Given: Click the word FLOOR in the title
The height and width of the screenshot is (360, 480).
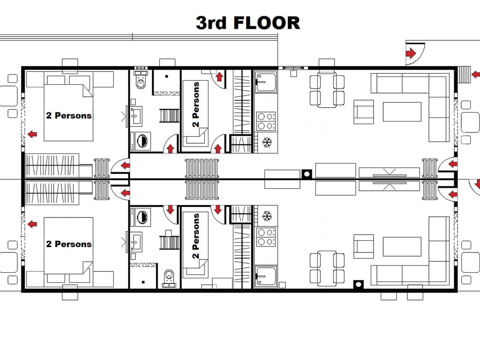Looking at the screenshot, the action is point(267,23).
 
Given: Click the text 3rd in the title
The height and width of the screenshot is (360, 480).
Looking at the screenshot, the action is point(211,23).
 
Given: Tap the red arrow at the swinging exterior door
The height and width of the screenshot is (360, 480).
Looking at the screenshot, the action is point(411,53).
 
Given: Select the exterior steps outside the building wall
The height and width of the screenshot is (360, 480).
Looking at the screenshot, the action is point(464,75).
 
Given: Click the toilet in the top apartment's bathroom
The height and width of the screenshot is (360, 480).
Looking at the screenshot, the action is point(141,79).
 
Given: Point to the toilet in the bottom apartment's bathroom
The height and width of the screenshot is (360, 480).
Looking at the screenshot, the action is point(169,279).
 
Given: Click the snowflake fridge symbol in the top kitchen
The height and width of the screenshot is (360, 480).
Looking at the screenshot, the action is point(267,142).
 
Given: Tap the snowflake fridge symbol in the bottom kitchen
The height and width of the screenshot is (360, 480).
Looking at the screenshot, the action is point(267,216).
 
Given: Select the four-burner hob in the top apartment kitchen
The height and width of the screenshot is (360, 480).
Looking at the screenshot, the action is point(266,121).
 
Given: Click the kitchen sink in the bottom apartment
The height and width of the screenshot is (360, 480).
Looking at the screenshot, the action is point(266,276).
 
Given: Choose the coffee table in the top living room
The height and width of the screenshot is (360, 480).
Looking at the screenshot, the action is point(402,112).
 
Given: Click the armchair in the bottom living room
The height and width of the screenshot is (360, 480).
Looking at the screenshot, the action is point(364,246).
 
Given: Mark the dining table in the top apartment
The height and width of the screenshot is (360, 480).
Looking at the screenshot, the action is point(327,90).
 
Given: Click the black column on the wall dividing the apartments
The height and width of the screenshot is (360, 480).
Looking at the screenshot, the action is point(307,174).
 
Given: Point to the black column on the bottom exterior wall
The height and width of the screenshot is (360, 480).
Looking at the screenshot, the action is point(358,285).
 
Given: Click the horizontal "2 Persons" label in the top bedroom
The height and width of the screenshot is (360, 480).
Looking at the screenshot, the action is point(69,115).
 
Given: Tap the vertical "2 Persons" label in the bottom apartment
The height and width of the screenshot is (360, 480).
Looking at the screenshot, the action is point(196,236).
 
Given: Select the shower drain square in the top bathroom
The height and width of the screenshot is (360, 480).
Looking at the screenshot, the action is point(166,76).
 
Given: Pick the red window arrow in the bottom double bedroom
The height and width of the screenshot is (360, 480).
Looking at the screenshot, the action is point(32,224).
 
